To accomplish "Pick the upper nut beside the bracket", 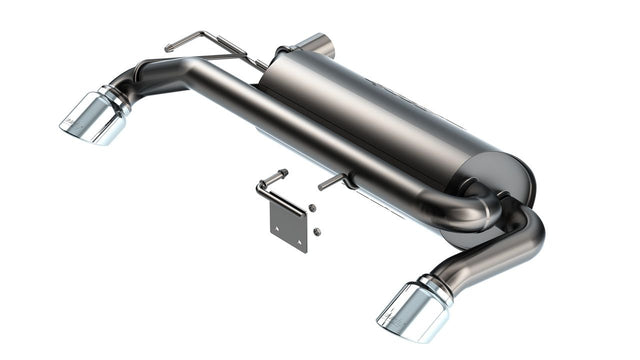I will pos(312,208).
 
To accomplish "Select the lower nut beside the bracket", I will pos(317,231).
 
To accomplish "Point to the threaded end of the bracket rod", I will pos(281,173).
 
